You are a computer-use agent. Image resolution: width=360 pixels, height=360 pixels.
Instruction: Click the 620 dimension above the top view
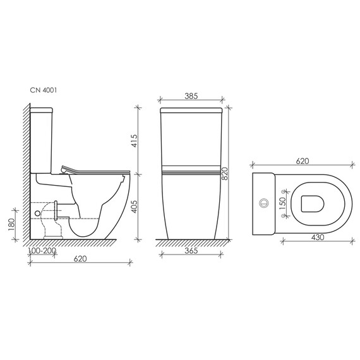302,162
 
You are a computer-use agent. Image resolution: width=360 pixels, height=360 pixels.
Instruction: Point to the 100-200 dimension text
42,251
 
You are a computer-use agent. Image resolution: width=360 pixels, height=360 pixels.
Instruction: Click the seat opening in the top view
313,203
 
